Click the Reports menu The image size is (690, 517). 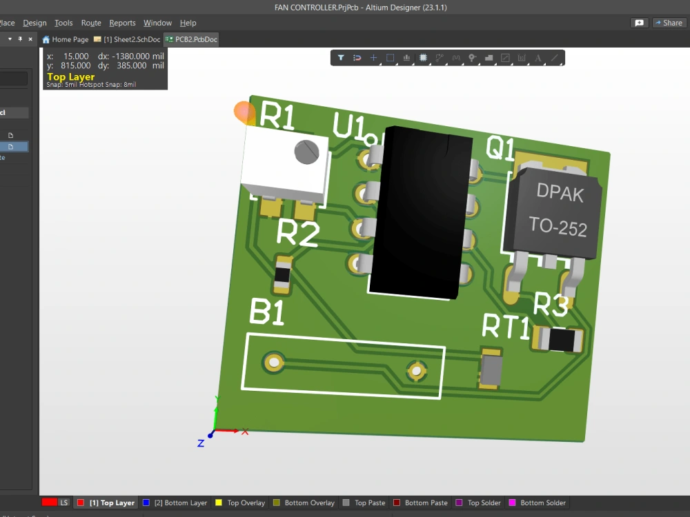pyautogui.click(x=122, y=23)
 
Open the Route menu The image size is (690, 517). pyautogui.click(x=91, y=23)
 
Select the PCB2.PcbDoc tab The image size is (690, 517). pyautogui.click(x=192, y=39)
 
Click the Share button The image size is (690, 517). pyautogui.click(x=668, y=23)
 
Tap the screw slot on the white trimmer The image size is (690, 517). pyautogui.click(x=306, y=150)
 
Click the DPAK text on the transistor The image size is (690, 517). pyautogui.click(x=560, y=194)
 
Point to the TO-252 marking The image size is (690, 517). pyautogui.click(x=558, y=225)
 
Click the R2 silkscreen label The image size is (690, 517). pyautogui.click(x=297, y=234)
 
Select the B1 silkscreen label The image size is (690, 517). pyautogui.click(x=266, y=313)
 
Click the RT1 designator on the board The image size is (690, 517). pyautogui.click(x=505, y=326)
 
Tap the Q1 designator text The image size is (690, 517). pyautogui.click(x=500, y=148)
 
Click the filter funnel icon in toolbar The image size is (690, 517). pyautogui.click(x=341, y=58)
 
